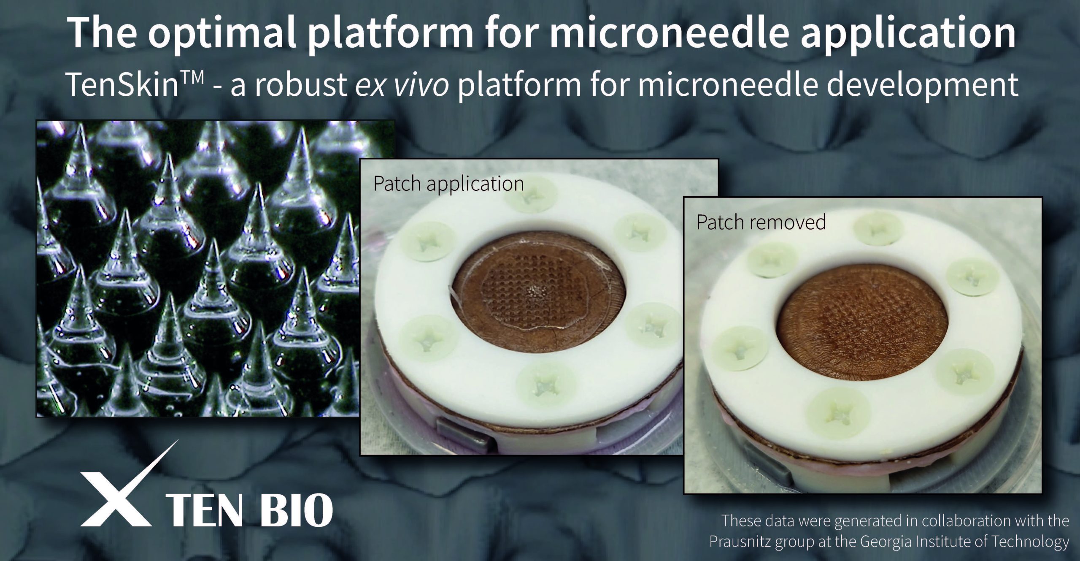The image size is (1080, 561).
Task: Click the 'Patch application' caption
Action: (448, 184)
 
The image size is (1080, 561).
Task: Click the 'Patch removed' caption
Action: (761, 222)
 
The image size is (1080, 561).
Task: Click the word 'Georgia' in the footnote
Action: (899, 541)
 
